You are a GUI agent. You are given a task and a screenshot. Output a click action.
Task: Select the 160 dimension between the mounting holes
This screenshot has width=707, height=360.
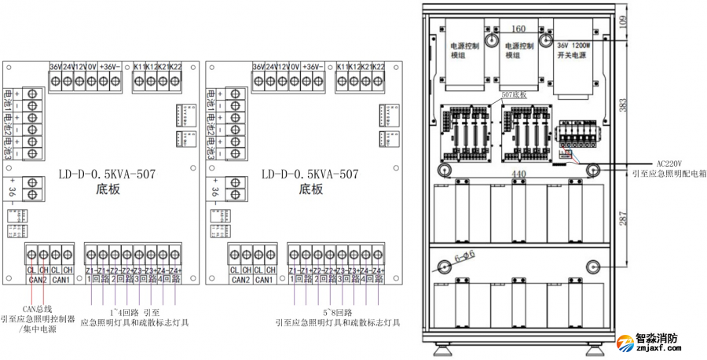click(x=518, y=29)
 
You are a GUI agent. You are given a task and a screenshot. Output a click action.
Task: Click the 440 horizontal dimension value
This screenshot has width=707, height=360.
click(x=518, y=172)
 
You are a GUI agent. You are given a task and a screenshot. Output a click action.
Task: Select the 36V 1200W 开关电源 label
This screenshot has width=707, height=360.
click(x=577, y=51)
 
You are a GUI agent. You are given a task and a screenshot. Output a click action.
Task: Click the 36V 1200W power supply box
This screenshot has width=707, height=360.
click(x=577, y=55)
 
